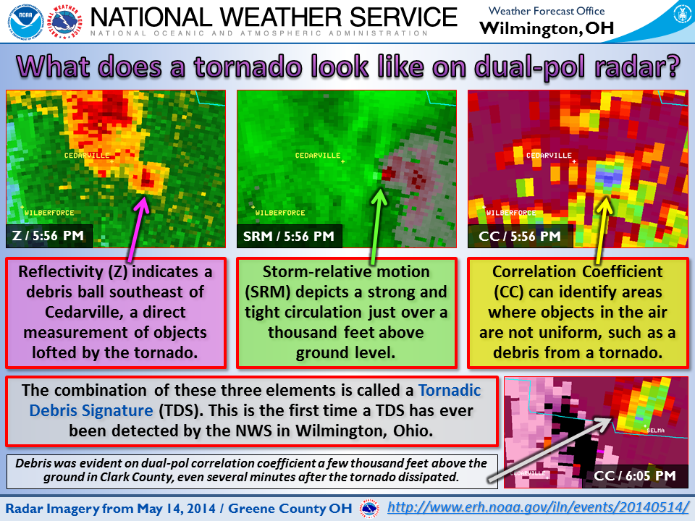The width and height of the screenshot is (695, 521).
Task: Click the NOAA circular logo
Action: [x=26, y=21]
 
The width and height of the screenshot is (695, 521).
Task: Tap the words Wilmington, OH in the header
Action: [x=547, y=28]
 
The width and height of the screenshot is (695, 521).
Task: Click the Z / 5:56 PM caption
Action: [x=48, y=236]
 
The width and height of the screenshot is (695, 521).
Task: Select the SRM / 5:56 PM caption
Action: [x=289, y=236]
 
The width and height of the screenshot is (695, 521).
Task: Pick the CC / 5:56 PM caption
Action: [x=520, y=236]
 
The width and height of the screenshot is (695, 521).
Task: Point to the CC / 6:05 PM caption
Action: [x=635, y=476]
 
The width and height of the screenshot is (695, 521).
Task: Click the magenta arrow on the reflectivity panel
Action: [x=137, y=229]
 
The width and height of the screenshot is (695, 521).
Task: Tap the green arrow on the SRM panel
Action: [x=376, y=226]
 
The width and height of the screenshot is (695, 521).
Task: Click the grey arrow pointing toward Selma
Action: [x=549, y=449]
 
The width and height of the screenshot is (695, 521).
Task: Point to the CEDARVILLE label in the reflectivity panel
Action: [x=87, y=156]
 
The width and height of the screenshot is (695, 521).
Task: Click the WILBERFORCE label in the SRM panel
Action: [x=280, y=213]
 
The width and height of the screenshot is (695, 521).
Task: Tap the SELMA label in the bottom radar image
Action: [x=655, y=430]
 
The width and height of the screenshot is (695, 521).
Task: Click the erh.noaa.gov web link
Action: [x=538, y=507]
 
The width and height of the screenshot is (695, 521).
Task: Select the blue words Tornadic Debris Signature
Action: [x=255, y=400]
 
